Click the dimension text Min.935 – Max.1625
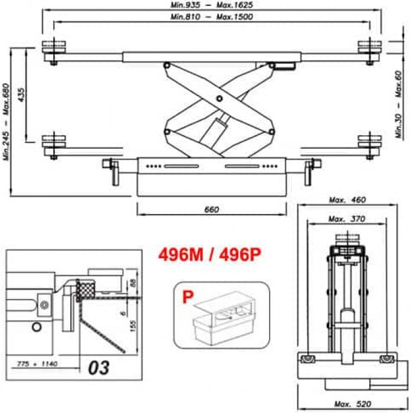coord(212,5)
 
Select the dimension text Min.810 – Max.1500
coord(212,17)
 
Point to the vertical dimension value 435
coord(21,94)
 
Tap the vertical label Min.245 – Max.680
coord(6,122)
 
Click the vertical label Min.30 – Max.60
coord(399,104)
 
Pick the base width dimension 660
coord(211,209)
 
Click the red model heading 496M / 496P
coord(209,254)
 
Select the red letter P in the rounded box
coord(188,297)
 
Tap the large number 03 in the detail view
coord(99,368)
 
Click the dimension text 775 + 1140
coord(37,364)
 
